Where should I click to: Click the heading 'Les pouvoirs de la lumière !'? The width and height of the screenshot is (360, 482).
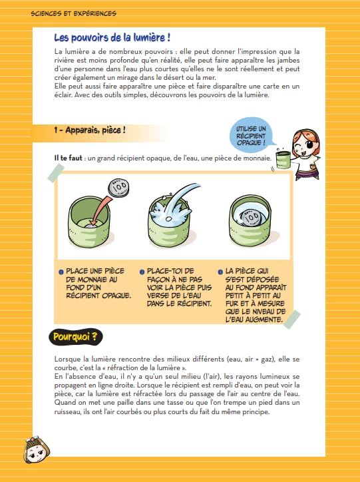(x=112, y=38)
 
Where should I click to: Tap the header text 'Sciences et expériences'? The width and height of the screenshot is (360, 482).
(x=73, y=13)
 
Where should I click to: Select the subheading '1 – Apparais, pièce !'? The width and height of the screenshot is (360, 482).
(x=90, y=130)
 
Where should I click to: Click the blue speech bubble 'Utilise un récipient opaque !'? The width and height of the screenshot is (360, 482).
(x=252, y=135)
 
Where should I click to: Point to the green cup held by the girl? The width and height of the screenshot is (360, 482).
(x=283, y=159)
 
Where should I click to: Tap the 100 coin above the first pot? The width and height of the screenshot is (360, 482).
(x=118, y=187)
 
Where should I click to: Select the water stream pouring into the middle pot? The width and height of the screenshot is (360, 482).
(x=179, y=200)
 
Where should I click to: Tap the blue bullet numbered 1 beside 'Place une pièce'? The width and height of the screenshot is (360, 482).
(x=61, y=272)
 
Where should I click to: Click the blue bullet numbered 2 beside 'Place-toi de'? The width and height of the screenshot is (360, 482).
(x=142, y=272)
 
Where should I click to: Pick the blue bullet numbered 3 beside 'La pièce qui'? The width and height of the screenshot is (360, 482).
(x=220, y=272)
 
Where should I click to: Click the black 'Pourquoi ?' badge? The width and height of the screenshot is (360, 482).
(x=76, y=337)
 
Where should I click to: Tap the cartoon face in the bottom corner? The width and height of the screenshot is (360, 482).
(x=36, y=450)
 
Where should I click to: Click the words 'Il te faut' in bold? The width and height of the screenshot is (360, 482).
(x=68, y=158)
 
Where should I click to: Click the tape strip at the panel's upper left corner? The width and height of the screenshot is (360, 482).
(x=56, y=172)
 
